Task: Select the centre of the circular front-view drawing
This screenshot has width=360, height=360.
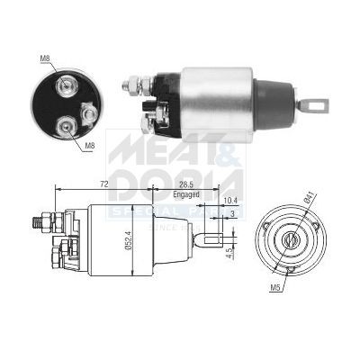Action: pos(292,240)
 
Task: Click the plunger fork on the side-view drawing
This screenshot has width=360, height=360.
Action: pos(207,239)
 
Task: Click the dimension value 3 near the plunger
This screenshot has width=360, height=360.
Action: pos(234,214)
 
